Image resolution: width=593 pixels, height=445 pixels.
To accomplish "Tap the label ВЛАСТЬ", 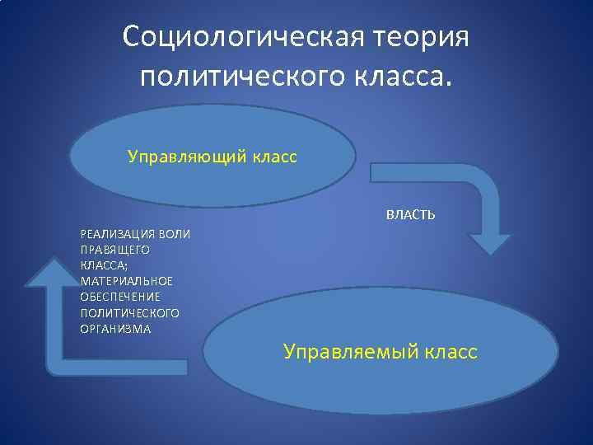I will tap(411, 215).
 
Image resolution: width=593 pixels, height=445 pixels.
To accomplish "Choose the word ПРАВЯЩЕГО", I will tap(114, 250).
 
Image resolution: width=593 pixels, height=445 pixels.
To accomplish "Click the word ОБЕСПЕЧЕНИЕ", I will tap(120, 297).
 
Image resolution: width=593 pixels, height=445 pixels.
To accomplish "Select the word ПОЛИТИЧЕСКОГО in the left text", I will tap(129, 313).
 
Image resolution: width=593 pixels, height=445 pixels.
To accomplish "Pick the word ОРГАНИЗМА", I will tap(115, 329).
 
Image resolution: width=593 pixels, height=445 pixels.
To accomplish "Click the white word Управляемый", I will tap(350, 352).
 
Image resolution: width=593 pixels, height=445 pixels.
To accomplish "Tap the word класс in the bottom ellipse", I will tap(450, 352).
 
